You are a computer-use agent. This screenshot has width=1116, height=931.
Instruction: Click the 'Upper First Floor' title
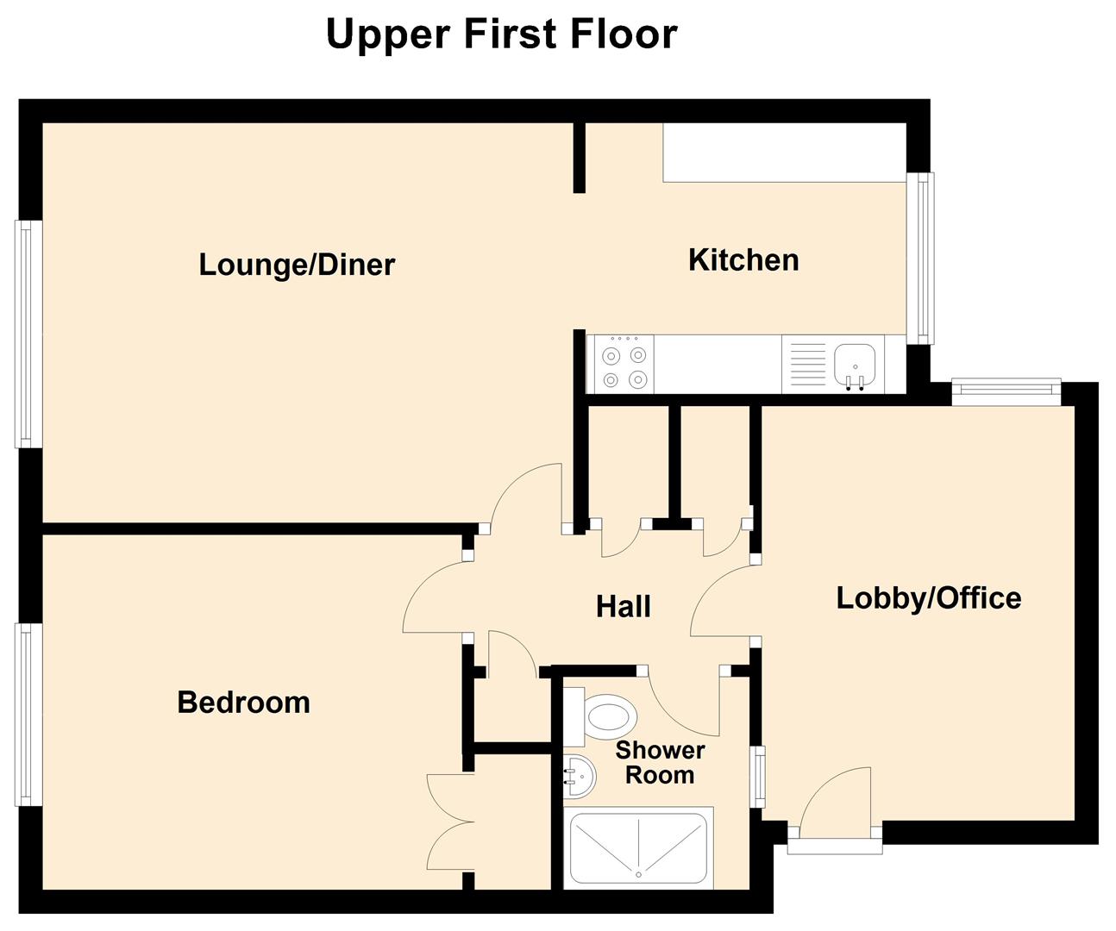click(501, 34)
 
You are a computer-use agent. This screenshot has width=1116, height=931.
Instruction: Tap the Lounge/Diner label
click(297, 264)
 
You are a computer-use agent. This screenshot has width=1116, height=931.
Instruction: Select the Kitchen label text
click(743, 259)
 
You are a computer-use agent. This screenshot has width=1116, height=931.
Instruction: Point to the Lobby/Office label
click(928, 597)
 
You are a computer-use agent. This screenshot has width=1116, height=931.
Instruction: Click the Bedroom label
click(243, 702)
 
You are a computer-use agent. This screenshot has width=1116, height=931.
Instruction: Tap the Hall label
click(623, 606)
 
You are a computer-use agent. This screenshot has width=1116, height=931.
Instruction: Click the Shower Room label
click(660, 762)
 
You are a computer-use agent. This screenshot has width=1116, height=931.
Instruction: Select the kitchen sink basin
click(855, 359)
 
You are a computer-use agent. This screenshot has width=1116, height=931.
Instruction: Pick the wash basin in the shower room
click(577, 776)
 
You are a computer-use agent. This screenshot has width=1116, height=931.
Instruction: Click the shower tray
click(638, 847)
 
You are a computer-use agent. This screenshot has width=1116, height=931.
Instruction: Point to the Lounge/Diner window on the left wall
click(28, 334)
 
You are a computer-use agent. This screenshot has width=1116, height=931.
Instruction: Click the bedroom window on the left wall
click(28, 714)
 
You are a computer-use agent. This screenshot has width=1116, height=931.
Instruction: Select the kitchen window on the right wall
click(924, 259)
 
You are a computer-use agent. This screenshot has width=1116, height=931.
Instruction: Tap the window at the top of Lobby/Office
click(1006, 392)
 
